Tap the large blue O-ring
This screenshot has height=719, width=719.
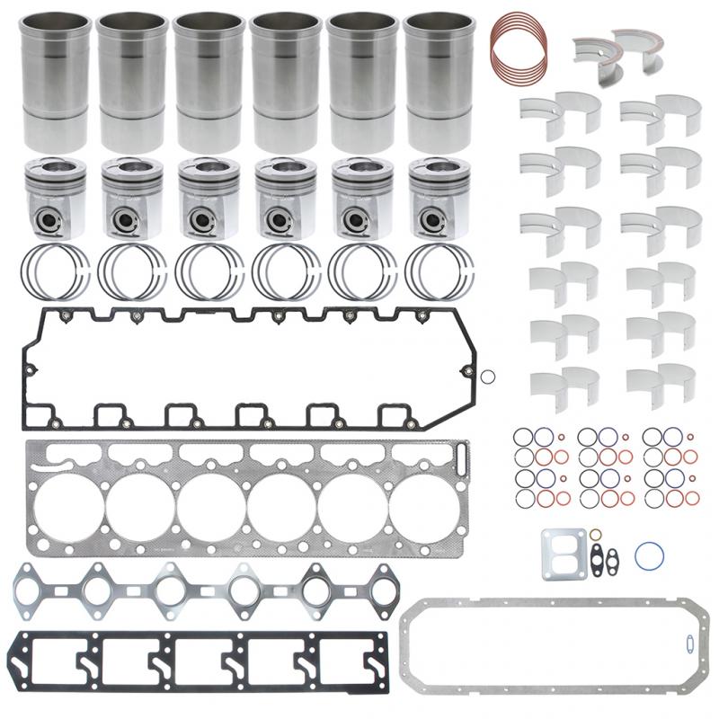[649, 556]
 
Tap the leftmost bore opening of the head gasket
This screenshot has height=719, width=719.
[139, 509]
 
